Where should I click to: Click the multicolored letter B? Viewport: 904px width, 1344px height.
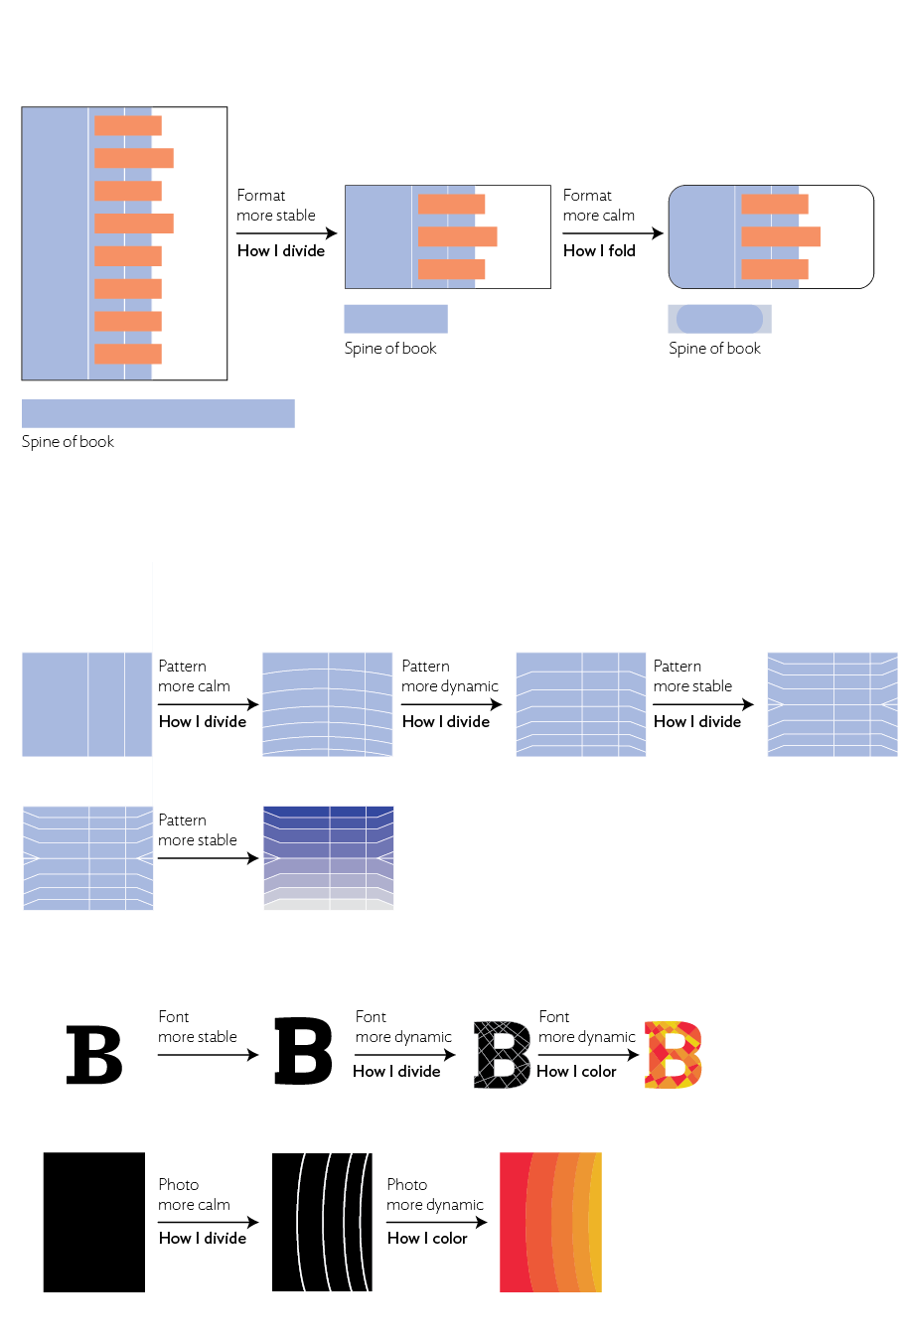(674, 1055)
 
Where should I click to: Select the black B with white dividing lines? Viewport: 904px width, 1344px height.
(503, 1055)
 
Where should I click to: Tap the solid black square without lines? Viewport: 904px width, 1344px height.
(93, 1222)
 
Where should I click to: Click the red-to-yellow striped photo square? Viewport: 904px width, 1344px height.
(550, 1222)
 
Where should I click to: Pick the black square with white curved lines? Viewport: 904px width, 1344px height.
(322, 1222)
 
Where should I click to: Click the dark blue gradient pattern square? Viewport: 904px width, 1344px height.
(328, 857)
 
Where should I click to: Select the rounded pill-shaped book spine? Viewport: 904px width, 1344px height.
(719, 319)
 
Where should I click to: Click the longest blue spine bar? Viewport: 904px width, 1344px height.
(158, 413)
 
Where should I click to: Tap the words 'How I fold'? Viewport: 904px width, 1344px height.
(599, 250)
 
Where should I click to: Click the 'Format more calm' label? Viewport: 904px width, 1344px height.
(598, 206)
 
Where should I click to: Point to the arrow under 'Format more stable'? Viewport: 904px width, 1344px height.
(286, 233)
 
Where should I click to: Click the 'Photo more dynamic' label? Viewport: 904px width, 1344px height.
(434, 1194)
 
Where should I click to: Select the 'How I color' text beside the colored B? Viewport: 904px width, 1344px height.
(576, 1071)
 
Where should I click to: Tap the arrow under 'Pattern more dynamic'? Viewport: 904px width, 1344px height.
(451, 704)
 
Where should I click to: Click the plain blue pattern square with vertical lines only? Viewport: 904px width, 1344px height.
(87, 704)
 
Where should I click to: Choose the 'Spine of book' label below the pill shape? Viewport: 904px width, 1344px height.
(714, 349)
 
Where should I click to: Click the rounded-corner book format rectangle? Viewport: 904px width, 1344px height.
(771, 236)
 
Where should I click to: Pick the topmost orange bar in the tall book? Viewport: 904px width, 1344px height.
(128, 125)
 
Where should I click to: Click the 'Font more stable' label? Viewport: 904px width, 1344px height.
(197, 1026)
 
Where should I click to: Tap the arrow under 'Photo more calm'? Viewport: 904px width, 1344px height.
(208, 1222)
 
